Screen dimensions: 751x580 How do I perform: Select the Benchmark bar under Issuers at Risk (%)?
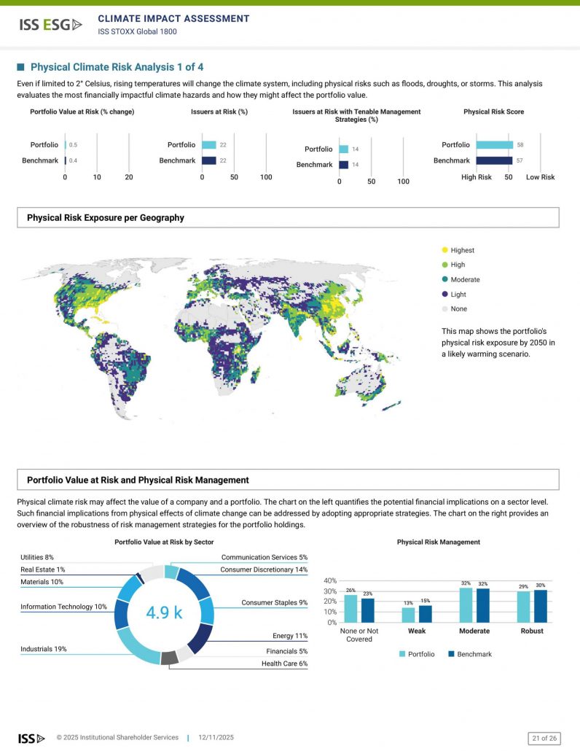click(209, 160)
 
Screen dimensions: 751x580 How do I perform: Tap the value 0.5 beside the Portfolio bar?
click(73, 145)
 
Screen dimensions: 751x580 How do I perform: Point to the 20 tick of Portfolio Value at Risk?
click(129, 177)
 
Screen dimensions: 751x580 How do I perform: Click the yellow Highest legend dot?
click(444, 250)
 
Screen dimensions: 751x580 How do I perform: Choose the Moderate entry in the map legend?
click(464, 280)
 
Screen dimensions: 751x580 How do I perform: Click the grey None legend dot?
click(444, 309)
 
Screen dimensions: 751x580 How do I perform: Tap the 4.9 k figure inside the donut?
click(164, 612)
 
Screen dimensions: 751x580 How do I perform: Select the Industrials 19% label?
click(43, 649)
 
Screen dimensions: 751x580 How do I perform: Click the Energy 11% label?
click(290, 636)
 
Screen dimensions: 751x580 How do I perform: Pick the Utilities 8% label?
click(37, 557)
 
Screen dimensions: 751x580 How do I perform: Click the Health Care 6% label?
click(285, 664)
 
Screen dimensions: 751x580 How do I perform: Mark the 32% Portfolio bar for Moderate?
click(466, 604)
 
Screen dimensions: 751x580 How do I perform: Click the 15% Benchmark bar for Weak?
click(425, 613)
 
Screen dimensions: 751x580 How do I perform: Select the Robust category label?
click(532, 631)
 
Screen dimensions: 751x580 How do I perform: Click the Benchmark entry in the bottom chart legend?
click(469, 654)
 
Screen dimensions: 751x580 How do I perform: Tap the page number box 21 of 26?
click(544, 738)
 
